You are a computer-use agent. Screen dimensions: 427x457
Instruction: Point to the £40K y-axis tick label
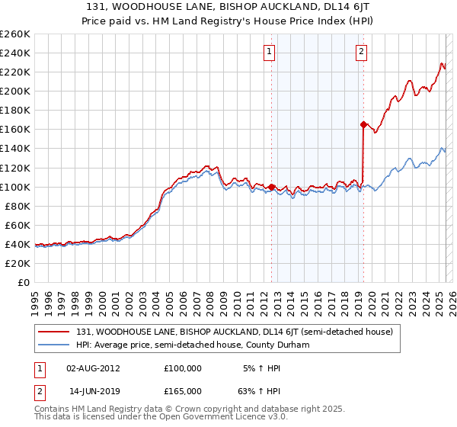click(x=17, y=244)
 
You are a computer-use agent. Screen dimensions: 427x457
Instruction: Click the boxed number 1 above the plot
click(x=270, y=52)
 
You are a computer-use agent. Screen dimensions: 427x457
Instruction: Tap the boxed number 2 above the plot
click(x=360, y=52)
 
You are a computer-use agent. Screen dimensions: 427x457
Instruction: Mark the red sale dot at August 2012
click(x=272, y=187)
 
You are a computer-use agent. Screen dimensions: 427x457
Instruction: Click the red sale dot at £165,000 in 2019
click(x=363, y=124)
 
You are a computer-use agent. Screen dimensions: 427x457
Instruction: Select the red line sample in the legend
click(x=55, y=332)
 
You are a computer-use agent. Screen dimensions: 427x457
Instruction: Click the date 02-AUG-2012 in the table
click(x=93, y=368)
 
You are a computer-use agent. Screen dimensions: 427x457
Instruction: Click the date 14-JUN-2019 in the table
click(x=93, y=390)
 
